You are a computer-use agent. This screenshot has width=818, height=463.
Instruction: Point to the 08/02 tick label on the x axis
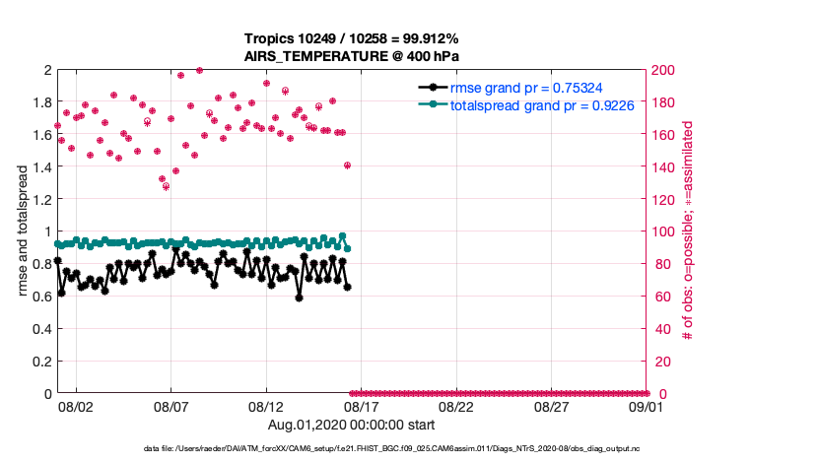(76, 406)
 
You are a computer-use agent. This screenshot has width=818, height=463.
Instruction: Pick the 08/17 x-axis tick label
(361, 406)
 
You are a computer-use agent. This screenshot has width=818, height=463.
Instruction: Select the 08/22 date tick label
(456, 406)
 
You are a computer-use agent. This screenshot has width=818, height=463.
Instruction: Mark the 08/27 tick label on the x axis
(551, 406)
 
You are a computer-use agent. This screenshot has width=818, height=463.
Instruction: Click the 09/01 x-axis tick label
(646, 406)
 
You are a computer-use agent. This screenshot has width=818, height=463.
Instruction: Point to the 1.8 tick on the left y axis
(40, 102)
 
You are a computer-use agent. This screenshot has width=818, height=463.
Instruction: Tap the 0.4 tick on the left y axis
(40, 329)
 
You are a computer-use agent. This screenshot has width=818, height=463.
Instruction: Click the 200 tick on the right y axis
(663, 70)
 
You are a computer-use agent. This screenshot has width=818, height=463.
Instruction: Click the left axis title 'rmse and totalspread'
(22, 231)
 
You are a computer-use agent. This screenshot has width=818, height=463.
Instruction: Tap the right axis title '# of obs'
(688, 231)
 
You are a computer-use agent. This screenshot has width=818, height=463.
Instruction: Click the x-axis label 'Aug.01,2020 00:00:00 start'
(352, 425)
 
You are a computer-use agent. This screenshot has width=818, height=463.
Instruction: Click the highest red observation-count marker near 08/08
(199, 71)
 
